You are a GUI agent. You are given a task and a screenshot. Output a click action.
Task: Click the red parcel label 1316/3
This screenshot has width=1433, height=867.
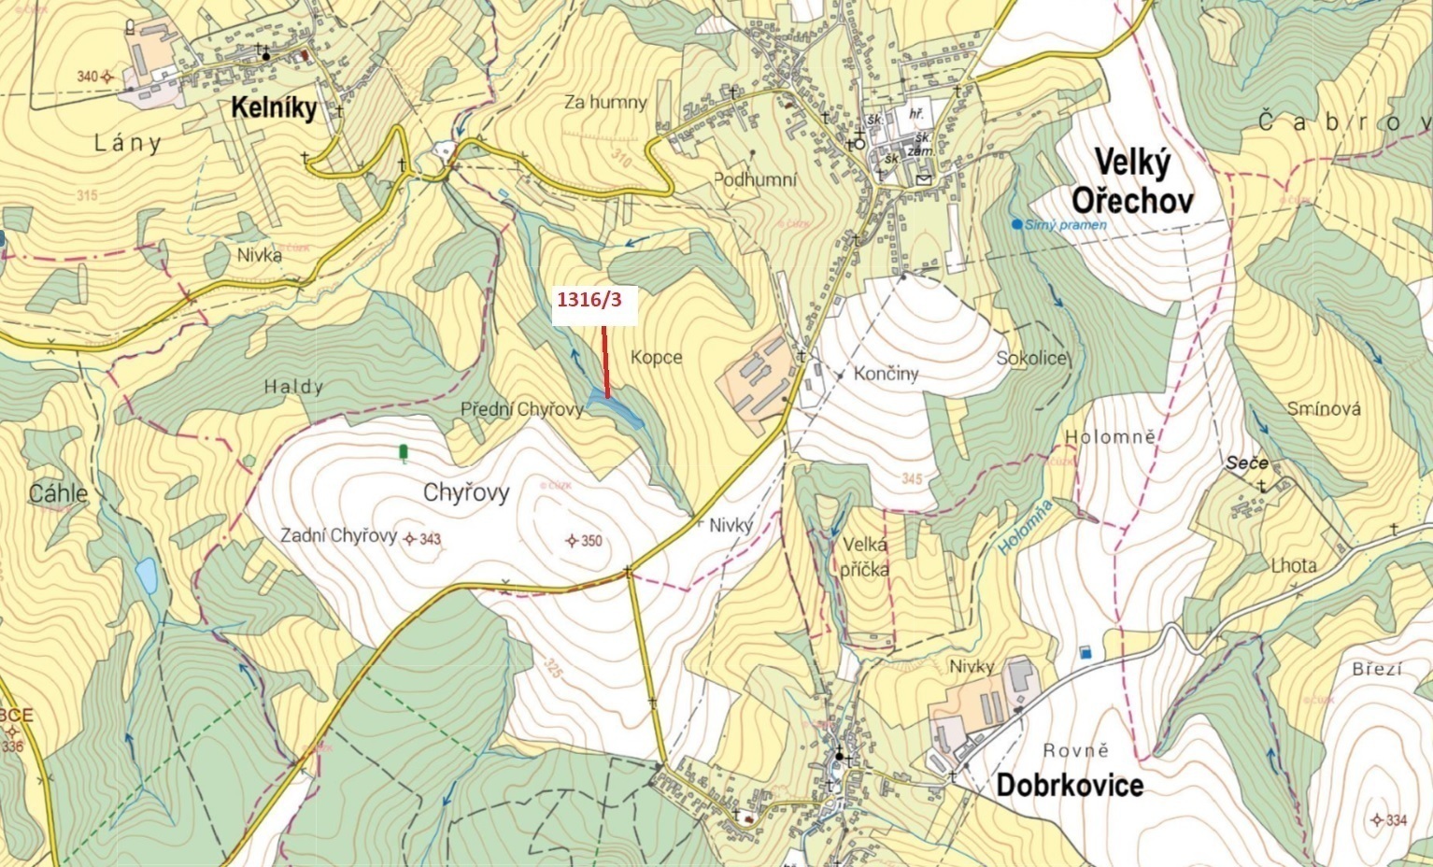click(x=593, y=301)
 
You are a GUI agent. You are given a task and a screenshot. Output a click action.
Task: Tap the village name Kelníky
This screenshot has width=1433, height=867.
click(x=274, y=109)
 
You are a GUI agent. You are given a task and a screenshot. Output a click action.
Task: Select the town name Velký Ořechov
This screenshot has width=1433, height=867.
click(x=1130, y=182)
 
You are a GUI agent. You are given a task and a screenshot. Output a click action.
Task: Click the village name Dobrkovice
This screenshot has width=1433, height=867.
click(x=1070, y=785)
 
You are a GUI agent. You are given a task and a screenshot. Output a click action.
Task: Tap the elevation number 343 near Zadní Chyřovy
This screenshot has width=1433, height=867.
click(x=430, y=539)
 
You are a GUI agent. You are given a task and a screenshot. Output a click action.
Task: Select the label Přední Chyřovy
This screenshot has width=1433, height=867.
click(x=521, y=409)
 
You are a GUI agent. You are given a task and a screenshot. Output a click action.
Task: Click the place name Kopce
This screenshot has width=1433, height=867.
click(x=656, y=357)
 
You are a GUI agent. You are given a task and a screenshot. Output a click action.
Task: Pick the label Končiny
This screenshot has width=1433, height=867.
click(x=887, y=374)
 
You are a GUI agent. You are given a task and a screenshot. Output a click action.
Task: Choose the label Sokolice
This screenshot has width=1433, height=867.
click(x=1030, y=358)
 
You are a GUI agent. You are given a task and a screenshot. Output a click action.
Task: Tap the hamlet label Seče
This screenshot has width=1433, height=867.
click(x=1247, y=463)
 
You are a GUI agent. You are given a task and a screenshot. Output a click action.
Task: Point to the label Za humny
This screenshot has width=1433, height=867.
click(x=605, y=102)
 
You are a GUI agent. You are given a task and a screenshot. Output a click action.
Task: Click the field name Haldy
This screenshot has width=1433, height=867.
click(x=293, y=387)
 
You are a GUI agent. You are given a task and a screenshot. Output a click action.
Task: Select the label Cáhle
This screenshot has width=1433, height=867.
click(x=58, y=493)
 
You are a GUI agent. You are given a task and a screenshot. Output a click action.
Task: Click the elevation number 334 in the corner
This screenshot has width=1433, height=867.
click(x=1396, y=820)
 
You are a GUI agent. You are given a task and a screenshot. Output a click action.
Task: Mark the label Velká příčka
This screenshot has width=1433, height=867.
click(x=864, y=557)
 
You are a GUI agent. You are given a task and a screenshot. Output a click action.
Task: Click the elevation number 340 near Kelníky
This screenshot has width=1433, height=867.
click(x=87, y=77)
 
